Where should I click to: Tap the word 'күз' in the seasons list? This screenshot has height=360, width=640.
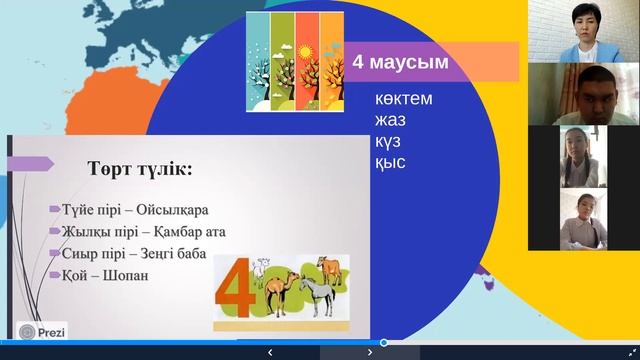(388, 142)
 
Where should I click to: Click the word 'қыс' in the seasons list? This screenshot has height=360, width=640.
(388, 162)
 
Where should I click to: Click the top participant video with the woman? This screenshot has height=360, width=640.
(583, 30)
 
